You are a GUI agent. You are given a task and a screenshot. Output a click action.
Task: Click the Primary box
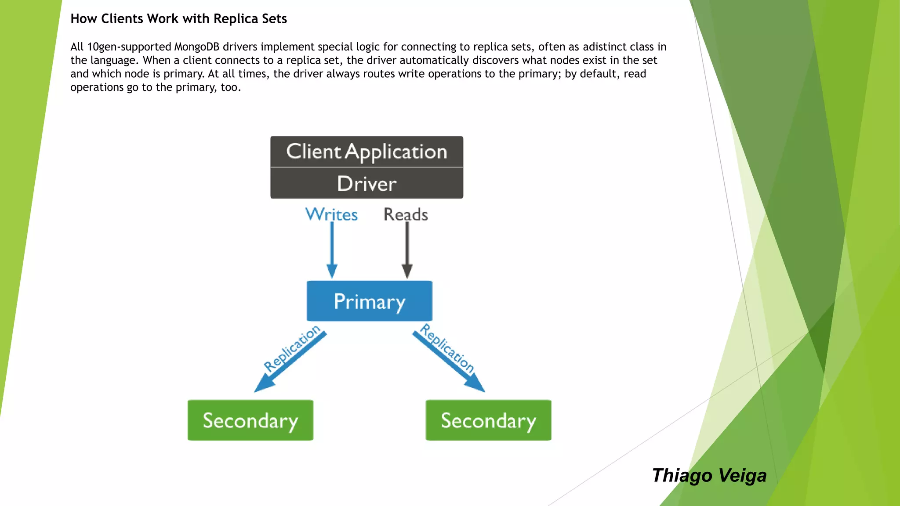(x=369, y=301)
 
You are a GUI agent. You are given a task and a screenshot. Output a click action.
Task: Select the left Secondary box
(x=250, y=420)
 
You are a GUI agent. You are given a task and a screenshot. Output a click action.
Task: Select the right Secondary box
(x=488, y=420)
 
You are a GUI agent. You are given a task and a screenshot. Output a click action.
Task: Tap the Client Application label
(x=367, y=152)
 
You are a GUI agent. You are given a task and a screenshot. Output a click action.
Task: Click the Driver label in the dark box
(x=367, y=184)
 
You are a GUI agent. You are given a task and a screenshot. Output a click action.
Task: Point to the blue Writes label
(x=331, y=214)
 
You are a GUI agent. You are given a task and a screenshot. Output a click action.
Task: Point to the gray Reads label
(x=406, y=214)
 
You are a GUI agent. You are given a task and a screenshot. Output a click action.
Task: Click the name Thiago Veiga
(x=709, y=476)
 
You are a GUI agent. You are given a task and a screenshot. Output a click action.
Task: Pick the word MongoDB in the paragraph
(x=196, y=47)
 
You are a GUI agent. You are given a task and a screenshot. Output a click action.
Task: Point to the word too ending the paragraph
(x=229, y=87)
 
